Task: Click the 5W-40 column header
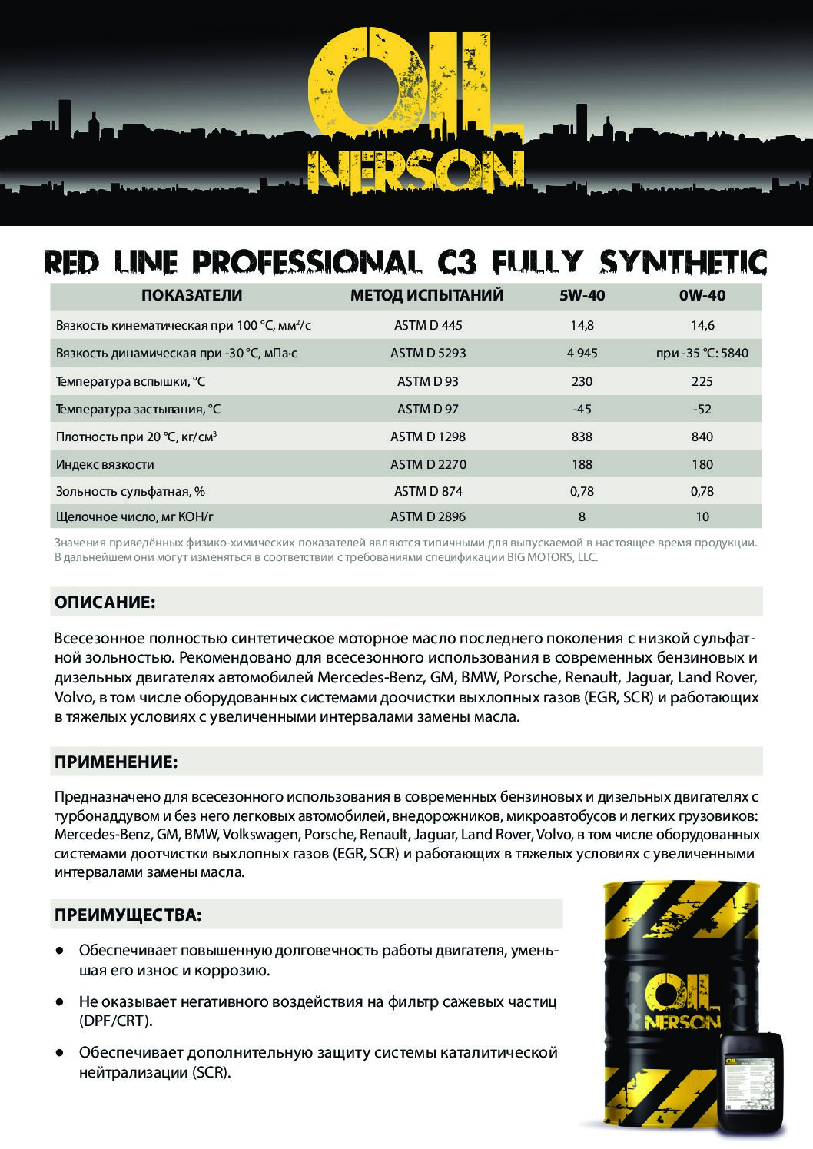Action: coord(582,296)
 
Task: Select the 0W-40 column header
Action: coord(702,296)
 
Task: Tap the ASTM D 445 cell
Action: coord(428,325)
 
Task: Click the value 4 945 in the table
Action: coord(582,353)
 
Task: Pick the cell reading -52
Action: coord(702,409)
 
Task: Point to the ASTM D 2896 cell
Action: coord(428,516)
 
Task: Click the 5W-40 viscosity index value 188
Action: coord(582,464)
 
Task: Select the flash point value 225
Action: coord(702,381)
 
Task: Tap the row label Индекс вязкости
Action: coord(105,464)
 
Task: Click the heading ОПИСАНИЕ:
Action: coord(105,602)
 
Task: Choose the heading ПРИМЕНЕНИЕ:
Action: coord(116,762)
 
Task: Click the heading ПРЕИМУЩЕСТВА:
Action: coord(128,915)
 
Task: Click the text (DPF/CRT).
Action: coord(116,1021)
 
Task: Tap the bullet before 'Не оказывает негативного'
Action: coord(59,1002)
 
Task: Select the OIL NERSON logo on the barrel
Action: coord(681,1000)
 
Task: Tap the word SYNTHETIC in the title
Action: coord(683,262)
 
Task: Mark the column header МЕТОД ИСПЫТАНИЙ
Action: coord(426,296)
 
